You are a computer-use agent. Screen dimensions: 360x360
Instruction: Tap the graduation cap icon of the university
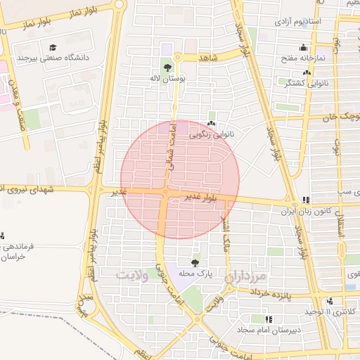coord(52,47)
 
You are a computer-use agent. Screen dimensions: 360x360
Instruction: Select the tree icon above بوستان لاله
coord(167,68)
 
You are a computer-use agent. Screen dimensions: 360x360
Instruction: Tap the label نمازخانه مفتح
coord(303,58)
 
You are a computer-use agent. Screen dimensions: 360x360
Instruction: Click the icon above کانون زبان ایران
coord(305,200)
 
